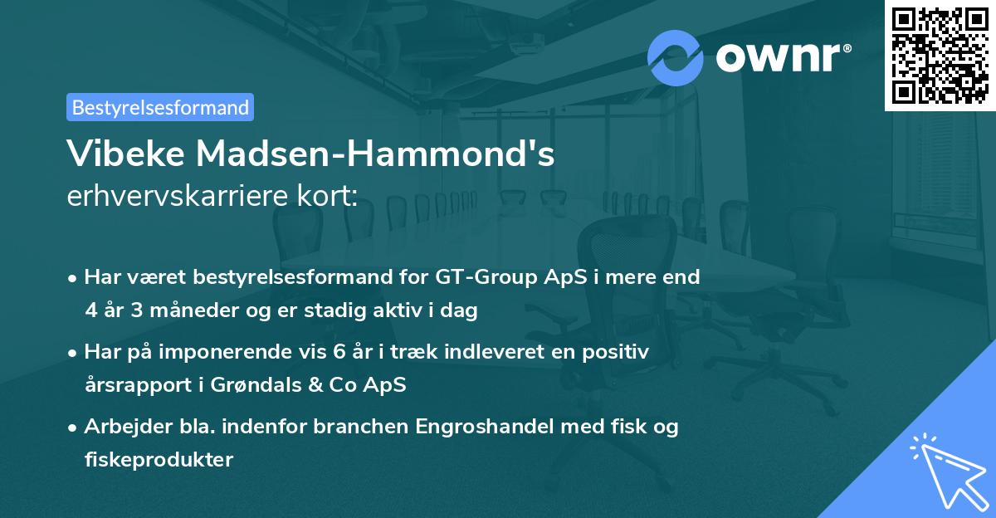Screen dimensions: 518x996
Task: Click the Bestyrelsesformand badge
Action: coord(160,107)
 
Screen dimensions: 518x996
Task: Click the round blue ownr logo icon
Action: coord(675,57)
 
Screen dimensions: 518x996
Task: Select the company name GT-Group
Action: coord(476,276)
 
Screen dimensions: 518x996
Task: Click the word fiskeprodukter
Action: coord(159,459)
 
